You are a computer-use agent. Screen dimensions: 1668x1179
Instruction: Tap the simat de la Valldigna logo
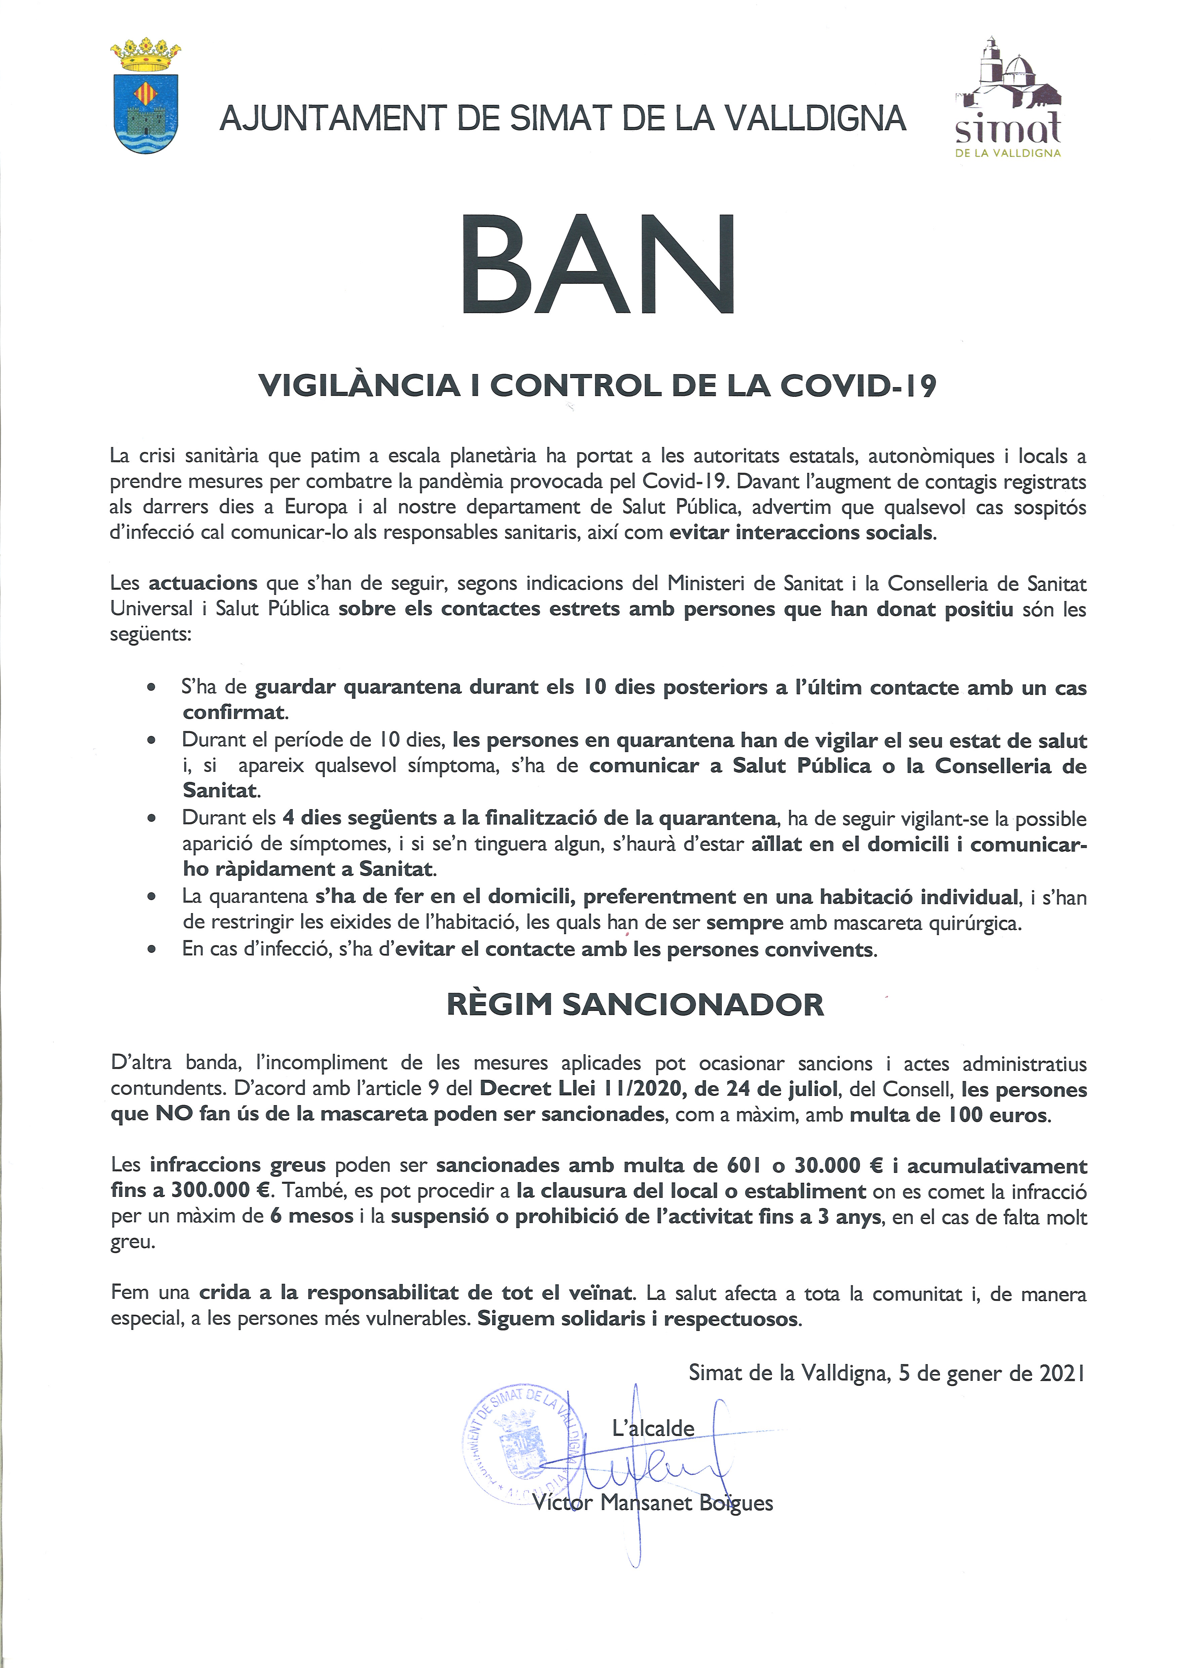(x=1008, y=98)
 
